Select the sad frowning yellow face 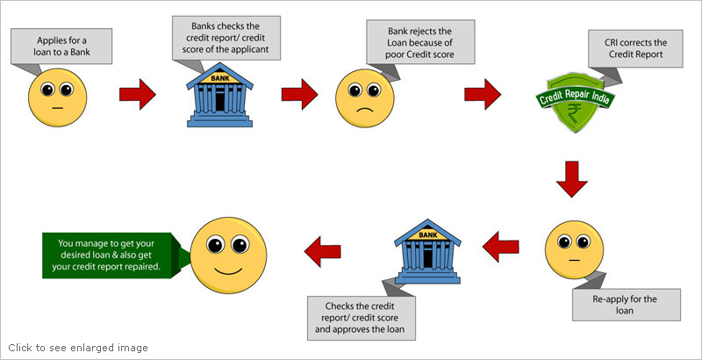tap(368, 98)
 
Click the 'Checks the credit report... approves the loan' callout tap(364, 317)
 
